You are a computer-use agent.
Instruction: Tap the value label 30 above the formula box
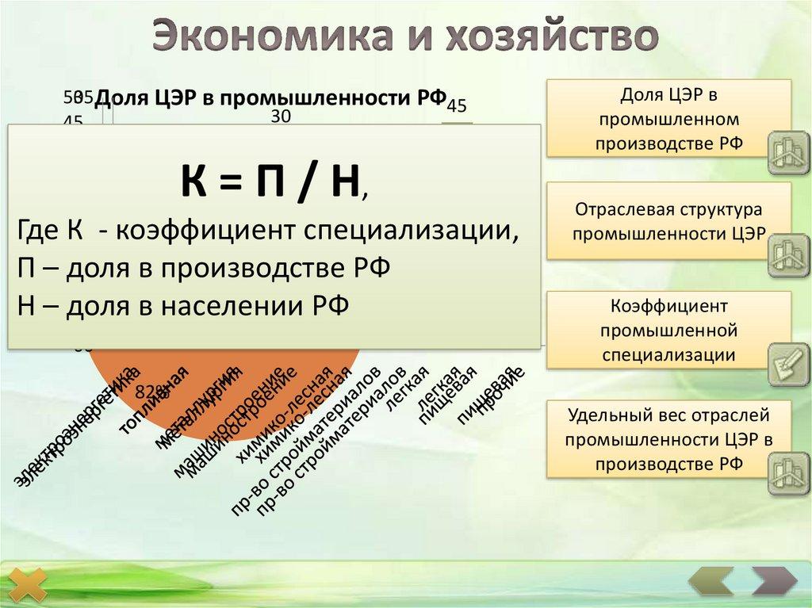click(281, 117)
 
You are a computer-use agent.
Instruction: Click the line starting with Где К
click(268, 231)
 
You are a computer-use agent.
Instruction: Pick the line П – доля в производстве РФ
click(203, 267)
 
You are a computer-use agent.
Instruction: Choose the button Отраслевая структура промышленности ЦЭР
click(668, 222)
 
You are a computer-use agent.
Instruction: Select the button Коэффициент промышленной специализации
click(668, 330)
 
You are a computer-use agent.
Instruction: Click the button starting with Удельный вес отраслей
click(668, 439)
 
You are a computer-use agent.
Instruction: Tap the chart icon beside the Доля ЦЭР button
click(788, 152)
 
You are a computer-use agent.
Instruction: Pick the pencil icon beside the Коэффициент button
click(788, 364)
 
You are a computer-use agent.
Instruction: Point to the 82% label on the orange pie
click(150, 390)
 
